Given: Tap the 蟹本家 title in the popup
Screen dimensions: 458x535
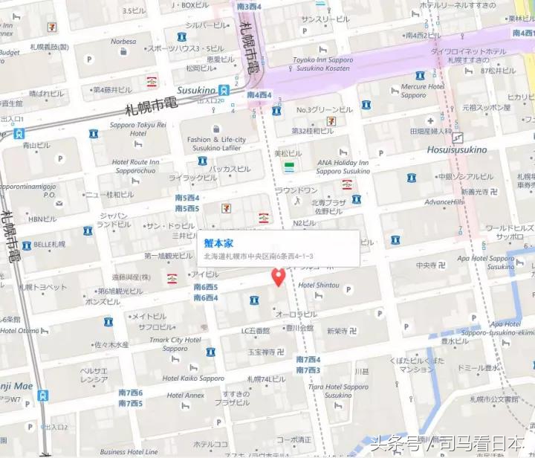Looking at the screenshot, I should click(x=218, y=242).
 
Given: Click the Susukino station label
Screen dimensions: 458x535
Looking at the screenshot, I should click(x=198, y=90).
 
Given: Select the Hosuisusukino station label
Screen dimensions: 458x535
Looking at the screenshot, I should click(x=457, y=149).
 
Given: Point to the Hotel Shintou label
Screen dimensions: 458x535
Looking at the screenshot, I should click(x=318, y=286).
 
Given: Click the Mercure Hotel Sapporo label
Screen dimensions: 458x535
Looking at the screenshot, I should click(x=423, y=91).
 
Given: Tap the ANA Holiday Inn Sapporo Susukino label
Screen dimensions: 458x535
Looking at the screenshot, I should click(x=343, y=167).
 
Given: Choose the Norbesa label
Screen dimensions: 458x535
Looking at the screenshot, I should click(x=123, y=42).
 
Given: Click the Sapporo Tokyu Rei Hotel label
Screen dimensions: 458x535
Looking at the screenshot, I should click(x=140, y=129).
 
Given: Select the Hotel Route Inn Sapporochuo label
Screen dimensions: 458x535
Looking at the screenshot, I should click(x=135, y=166).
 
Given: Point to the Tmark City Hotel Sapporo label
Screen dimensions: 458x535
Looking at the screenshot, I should click(x=175, y=344).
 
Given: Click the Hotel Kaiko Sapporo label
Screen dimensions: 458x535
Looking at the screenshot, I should click(x=191, y=378).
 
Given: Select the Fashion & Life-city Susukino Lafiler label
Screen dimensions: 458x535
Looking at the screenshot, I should click(x=216, y=143).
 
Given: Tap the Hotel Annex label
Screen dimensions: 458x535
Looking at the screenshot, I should click(x=185, y=396).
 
